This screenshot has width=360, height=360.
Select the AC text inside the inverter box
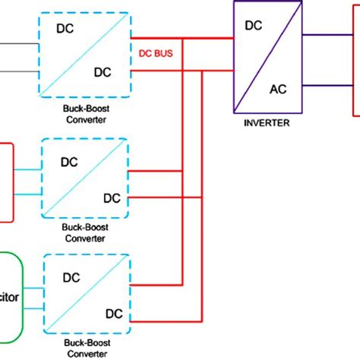[x=278, y=89]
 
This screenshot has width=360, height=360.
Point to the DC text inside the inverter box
[x=254, y=25]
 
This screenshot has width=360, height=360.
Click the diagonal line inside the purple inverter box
[x=266, y=57]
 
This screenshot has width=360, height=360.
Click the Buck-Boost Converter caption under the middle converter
[x=84, y=232]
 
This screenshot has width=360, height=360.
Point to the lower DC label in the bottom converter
[x=114, y=313]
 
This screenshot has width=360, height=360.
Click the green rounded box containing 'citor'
[x=15, y=297]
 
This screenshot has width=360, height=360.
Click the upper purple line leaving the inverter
[x=327, y=35]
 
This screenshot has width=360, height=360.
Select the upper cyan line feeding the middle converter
[x=27, y=169]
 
